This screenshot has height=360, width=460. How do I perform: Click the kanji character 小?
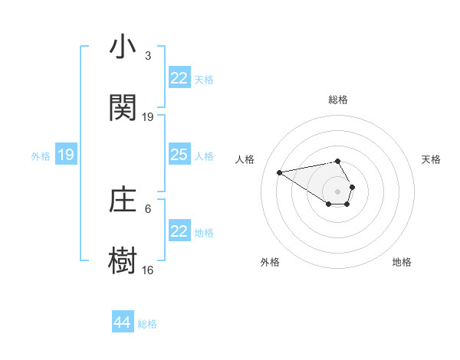123,48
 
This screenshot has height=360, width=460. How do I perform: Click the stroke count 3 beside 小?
148,56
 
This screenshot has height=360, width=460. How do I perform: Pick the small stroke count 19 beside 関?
148,116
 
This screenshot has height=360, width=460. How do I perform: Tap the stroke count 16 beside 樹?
148,269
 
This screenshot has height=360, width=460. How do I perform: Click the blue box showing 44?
123,323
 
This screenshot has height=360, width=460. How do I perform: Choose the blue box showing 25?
179,155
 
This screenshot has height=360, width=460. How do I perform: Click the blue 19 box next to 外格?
66,155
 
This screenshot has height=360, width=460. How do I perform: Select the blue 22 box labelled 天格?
179,78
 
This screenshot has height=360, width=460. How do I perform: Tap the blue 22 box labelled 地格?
179,231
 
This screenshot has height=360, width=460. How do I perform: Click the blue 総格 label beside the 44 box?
147,324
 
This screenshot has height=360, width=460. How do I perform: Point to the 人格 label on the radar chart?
245,159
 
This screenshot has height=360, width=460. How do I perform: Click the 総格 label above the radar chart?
338,100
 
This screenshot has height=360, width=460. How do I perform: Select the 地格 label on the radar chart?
402,262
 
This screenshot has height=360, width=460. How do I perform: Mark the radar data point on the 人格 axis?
279,172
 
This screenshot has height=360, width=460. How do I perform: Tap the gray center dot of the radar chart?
338,191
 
